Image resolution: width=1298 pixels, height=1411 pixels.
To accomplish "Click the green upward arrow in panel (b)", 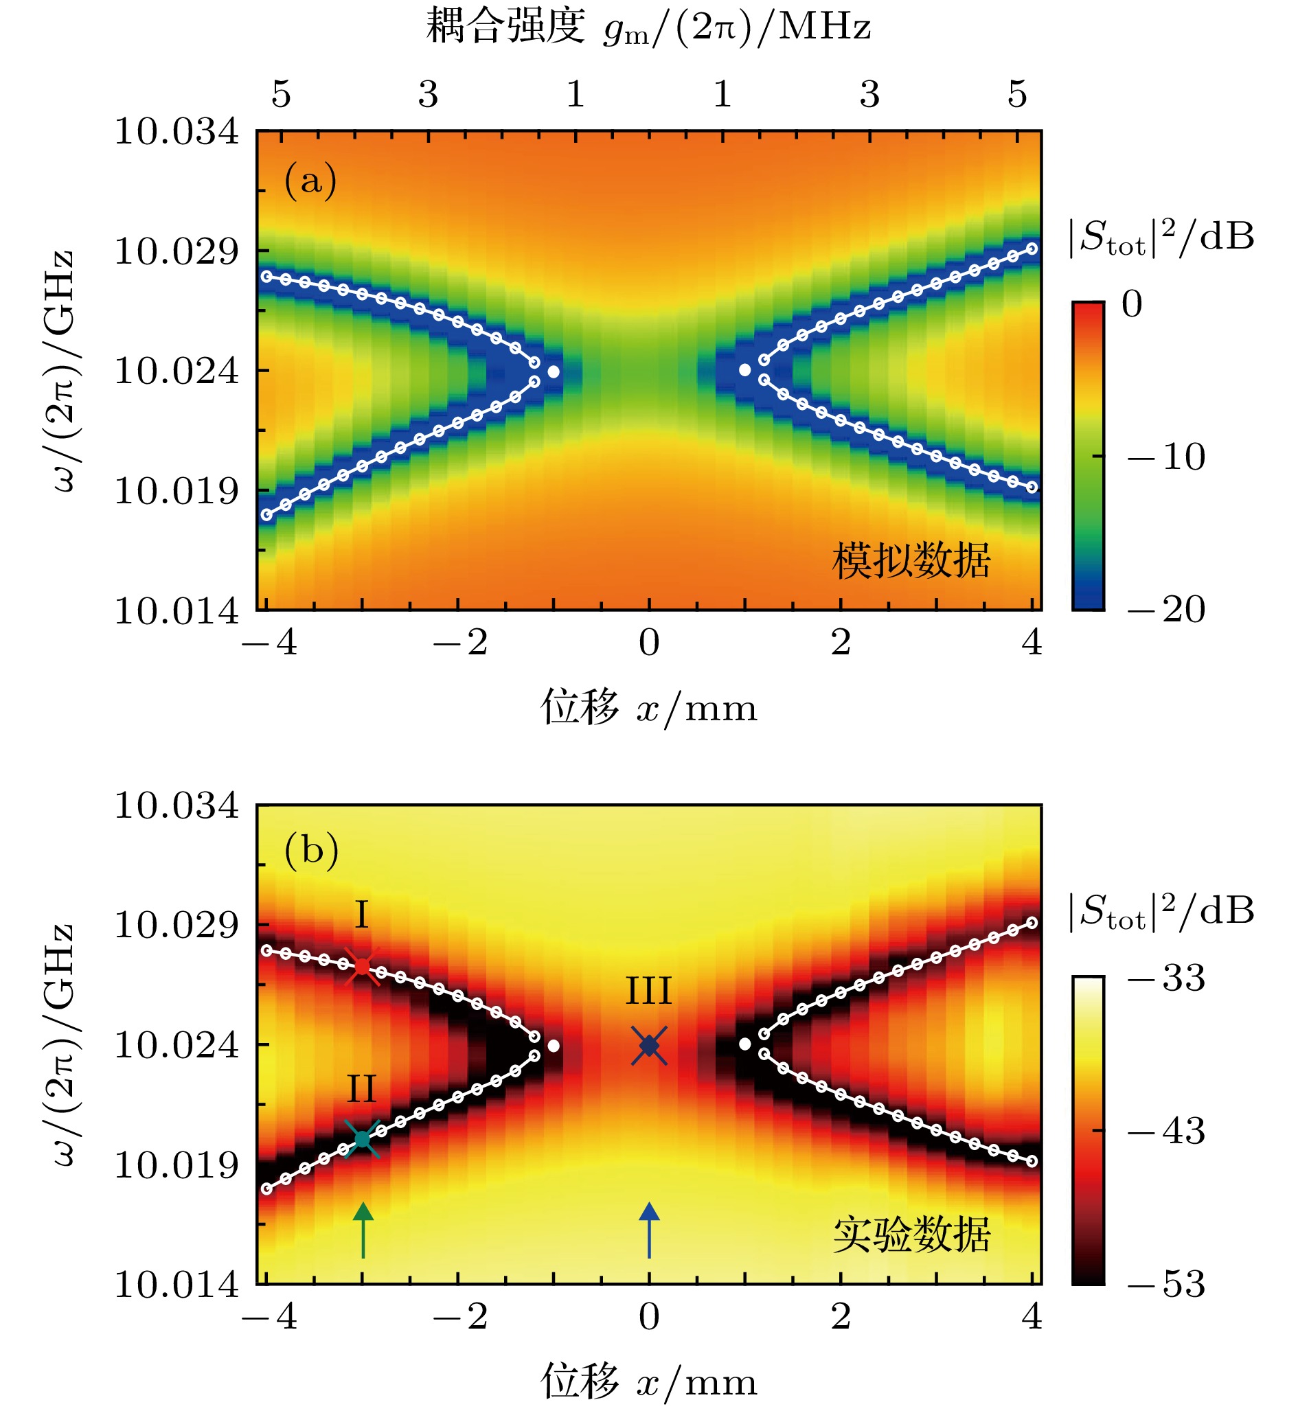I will coord(363,1228).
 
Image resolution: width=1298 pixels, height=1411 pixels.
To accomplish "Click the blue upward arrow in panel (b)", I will coord(649,1228).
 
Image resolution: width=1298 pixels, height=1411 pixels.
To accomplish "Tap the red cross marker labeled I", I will coord(362,967).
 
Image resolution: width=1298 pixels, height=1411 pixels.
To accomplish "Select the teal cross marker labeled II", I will coord(363,1138).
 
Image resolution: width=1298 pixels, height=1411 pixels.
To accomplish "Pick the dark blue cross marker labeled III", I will coord(649,1046).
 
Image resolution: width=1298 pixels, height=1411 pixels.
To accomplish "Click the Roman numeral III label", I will coord(648,991).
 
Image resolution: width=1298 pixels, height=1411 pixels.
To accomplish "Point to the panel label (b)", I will coord(311,851).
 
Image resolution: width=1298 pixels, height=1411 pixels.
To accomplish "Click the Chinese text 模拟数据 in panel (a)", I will coord(911,560).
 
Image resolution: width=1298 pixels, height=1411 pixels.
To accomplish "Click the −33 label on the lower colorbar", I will coord(1166,978).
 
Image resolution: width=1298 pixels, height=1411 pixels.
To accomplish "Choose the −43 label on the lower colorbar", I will coord(1166,1132).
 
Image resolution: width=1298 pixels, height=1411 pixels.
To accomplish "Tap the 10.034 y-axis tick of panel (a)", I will coord(177,131).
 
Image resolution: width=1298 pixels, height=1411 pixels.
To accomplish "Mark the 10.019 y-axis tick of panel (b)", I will coord(177,1165).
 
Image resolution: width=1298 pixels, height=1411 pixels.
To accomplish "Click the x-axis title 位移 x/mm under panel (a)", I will coord(648,707).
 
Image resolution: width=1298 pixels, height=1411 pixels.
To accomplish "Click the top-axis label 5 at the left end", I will coord(281,94).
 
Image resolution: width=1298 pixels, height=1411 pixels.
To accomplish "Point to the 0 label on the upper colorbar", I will coord(1132,304).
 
